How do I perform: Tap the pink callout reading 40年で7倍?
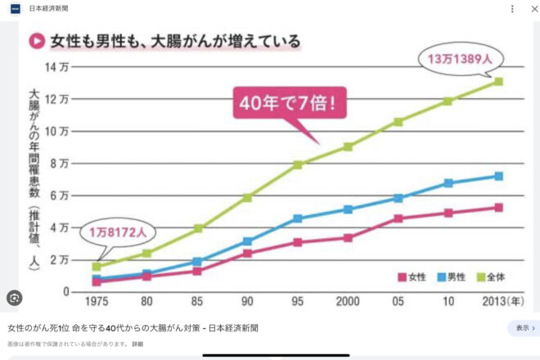pyautogui.click(x=289, y=104)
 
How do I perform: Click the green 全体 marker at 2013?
pyautogui.click(x=498, y=82)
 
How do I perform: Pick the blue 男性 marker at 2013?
pyautogui.click(x=498, y=176)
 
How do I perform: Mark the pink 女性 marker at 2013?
pyautogui.click(x=498, y=208)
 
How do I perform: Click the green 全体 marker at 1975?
pyautogui.click(x=97, y=267)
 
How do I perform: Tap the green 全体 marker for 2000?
pyautogui.click(x=348, y=146)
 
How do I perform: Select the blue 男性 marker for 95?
pyautogui.click(x=298, y=218)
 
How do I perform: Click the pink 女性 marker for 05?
pyautogui.click(x=398, y=218)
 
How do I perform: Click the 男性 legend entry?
pyautogui.click(x=453, y=277)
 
